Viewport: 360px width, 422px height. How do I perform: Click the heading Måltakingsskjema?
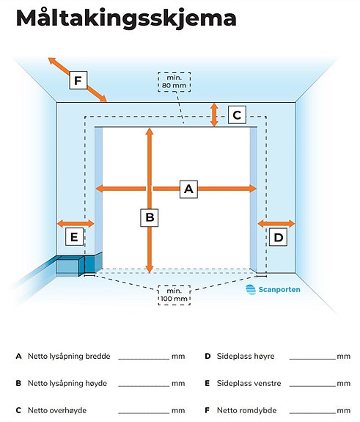pyautogui.click(x=126, y=18)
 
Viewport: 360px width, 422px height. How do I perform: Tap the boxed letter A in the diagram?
pyautogui.click(x=188, y=189)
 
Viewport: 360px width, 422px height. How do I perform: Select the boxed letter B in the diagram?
pyautogui.click(x=150, y=217)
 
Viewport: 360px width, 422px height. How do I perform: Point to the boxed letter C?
pyautogui.click(x=237, y=115)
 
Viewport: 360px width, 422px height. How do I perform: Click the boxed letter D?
pyautogui.click(x=278, y=237)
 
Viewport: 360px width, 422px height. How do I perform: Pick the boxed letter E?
pyautogui.click(x=75, y=236)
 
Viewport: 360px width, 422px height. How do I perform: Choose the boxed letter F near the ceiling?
pyautogui.click(x=78, y=80)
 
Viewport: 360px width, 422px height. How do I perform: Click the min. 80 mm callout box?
pyautogui.click(x=175, y=81)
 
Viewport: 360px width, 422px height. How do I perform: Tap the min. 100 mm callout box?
pyautogui.click(x=175, y=295)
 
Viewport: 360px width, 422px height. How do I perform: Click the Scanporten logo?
pyautogui.click(x=273, y=290)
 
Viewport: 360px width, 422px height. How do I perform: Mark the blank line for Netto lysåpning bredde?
pyautogui.click(x=144, y=359)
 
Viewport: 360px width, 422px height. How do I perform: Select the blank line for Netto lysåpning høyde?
pyautogui.click(x=144, y=386)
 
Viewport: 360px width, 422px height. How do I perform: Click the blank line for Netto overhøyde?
pyautogui.click(x=144, y=413)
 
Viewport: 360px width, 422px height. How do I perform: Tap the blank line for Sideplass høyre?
pyautogui.click(x=312, y=359)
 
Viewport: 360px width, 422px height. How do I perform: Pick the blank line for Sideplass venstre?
pyautogui.click(x=312, y=386)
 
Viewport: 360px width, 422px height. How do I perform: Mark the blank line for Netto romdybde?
pyautogui.click(x=312, y=413)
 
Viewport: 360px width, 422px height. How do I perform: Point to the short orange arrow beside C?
pyautogui.click(x=214, y=115)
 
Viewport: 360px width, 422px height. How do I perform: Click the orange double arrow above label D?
pyautogui.click(x=276, y=223)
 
